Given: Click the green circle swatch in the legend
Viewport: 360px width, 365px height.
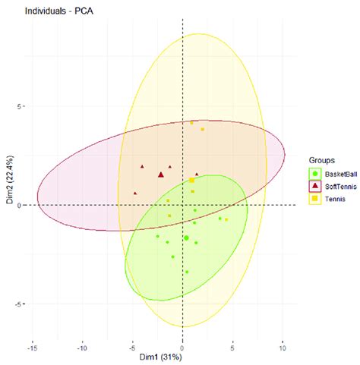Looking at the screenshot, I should pos(314,174).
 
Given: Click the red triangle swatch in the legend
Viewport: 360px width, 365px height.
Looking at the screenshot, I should pos(314,186).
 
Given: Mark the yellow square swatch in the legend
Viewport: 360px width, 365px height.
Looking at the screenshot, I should pos(314,198).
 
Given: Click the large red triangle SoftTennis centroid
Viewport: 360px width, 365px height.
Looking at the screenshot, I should pos(161,175).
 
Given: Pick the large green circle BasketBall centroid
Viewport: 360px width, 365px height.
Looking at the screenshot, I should pos(186,238).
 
